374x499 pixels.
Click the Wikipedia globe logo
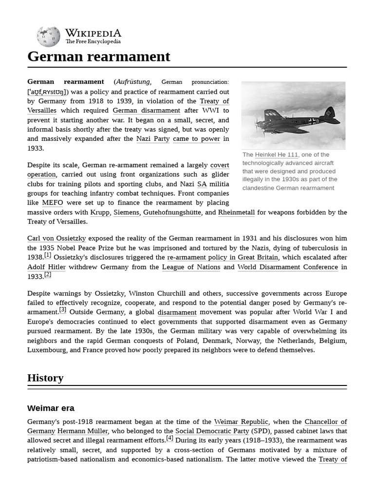(x=48, y=37)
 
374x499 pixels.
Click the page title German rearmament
(x=99, y=57)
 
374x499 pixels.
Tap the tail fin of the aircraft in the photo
(x=329, y=113)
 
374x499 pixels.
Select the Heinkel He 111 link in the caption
(x=276, y=154)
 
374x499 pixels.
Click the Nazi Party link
(x=153, y=139)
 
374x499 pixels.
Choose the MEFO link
(x=53, y=203)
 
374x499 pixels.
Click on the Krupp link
(x=100, y=212)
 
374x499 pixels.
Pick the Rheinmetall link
(x=236, y=212)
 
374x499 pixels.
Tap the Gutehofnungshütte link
(x=172, y=212)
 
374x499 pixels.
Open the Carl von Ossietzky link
(x=56, y=238)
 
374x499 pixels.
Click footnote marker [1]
(x=48, y=255)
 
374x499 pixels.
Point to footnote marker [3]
(x=63, y=309)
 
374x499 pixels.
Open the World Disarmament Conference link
(x=287, y=267)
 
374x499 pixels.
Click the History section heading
(x=45, y=378)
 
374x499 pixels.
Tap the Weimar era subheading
(x=51, y=408)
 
